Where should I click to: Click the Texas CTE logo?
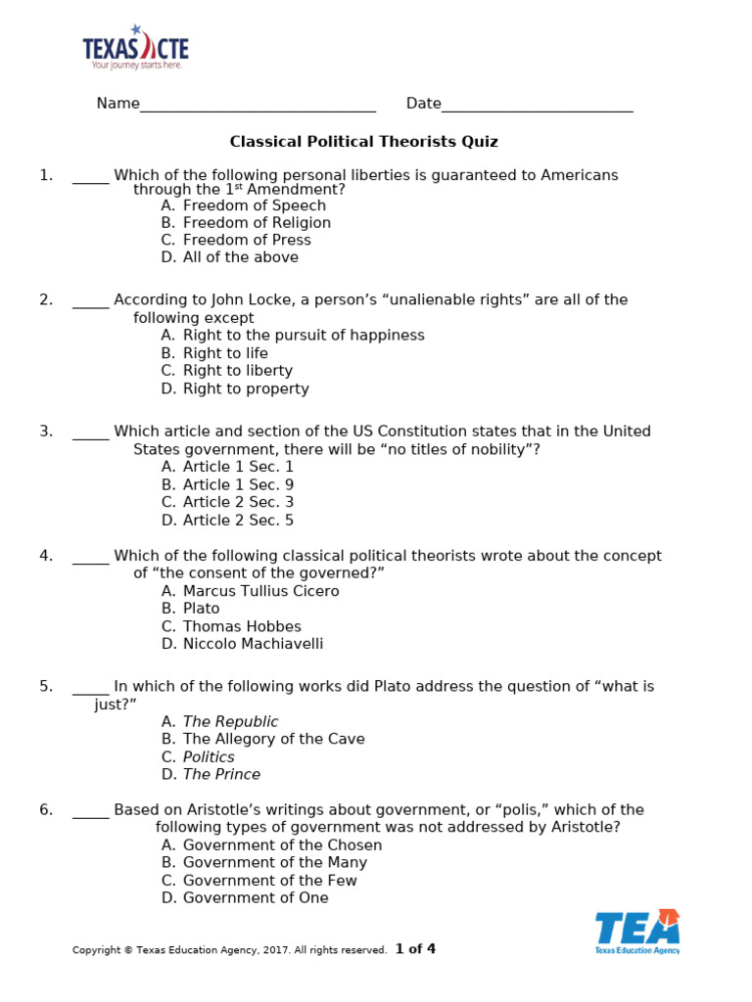tap(135, 47)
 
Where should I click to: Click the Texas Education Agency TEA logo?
tap(637, 931)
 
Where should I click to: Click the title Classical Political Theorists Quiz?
tap(363, 142)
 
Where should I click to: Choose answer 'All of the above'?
tap(240, 257)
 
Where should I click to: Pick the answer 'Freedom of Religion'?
tap(257, 223)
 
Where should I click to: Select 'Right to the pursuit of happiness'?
tap(304, 336)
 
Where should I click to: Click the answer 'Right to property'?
tap(246, 388)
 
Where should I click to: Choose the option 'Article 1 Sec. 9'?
tap(238, 485)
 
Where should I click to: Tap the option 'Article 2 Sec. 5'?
tap(238, 521)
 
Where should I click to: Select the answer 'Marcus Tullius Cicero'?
tap(260, 591)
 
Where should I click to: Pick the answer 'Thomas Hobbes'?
tap(242, 626)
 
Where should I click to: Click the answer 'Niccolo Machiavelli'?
tap(253, 644)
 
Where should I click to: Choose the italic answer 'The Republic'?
tap(230, 722)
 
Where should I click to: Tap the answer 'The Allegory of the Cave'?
tap(273, 740)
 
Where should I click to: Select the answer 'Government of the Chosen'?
tap(282, 845)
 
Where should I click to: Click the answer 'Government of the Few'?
tap(269, 881)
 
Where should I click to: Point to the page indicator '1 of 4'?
tap(415, 949)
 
